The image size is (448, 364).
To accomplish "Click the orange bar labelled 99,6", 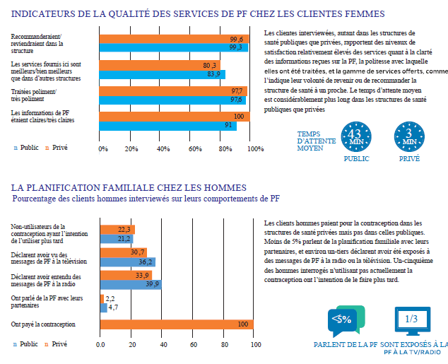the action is [x=175, y=39].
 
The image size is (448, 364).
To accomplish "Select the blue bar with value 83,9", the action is [x=163, y=74].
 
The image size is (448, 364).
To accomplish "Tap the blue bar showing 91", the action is [x=168, y=126].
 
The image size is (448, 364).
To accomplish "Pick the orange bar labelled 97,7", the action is [x=173, y=91].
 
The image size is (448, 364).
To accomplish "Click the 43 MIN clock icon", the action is [x=356, y=137].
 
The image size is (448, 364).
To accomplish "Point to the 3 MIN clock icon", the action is [x=409, y=137].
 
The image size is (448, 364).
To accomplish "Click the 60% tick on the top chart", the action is [x=195, y=149].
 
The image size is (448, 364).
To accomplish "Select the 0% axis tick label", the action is [x=103, y=149].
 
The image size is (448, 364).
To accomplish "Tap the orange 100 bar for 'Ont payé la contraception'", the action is [x=177, y=324].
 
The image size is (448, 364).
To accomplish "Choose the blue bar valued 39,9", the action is [x=131, y=285].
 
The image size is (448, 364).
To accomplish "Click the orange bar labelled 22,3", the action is [x=117, y=230].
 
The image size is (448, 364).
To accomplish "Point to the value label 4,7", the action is [x=113, y=307].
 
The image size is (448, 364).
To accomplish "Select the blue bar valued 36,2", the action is [x=128, y=262].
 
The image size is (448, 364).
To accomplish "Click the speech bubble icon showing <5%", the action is [x=346, y=321].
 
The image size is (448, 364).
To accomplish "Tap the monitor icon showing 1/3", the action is [x=412, y=321].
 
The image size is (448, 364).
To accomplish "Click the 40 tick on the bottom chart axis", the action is [x=163, y=345].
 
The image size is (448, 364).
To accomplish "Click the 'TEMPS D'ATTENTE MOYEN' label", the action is [x=317, y=141].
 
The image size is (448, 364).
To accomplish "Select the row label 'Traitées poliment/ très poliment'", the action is [x=34, y=95].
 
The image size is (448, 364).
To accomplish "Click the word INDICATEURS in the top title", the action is [x=43, y=13].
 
